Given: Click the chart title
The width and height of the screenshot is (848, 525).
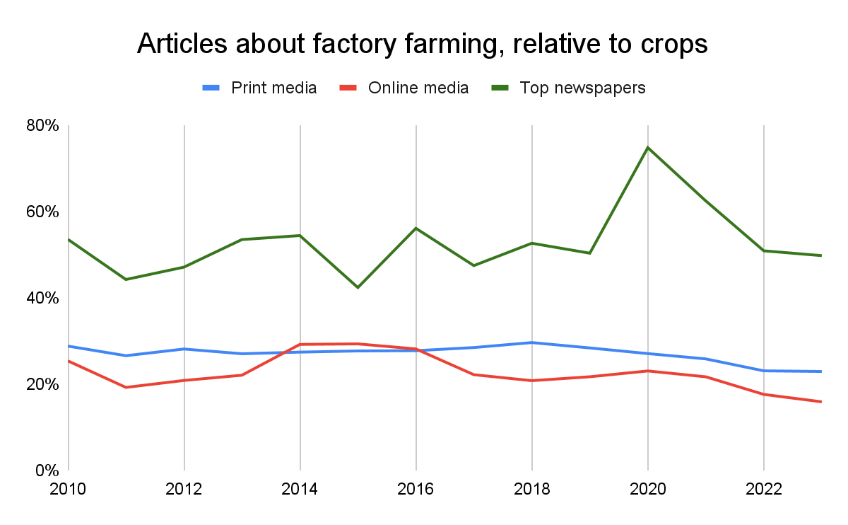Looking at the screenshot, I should (x=422, y=44).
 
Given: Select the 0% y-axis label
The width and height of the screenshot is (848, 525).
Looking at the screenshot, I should (x=47, y=470).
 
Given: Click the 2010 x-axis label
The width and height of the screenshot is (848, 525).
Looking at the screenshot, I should (x=69, y=489).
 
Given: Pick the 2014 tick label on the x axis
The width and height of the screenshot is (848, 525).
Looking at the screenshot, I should (x=300, y=489).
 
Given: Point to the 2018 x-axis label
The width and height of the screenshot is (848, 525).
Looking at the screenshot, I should (x=531, y=489).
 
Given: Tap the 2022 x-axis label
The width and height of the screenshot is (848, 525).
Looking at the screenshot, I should (x=763, y=489).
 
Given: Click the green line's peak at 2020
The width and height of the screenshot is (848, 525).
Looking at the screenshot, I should (x=647, y=147).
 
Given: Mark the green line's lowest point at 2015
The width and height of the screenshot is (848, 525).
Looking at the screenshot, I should (x=358, y=287).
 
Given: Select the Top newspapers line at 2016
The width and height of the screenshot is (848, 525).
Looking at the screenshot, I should (x=416, y=228).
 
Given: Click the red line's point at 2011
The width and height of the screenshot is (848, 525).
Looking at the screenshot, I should (x=126, y=387).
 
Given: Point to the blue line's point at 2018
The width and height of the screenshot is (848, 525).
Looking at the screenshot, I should (x=531, y=342).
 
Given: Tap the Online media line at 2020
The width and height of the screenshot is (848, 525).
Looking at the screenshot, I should (x=647, y=371).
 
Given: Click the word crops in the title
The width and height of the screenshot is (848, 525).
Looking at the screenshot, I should (x=671, y=44).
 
